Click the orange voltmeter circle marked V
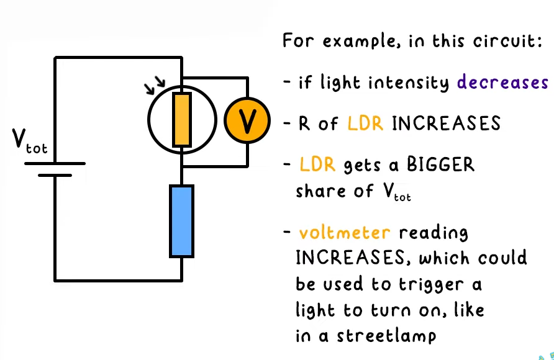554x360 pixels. click(x=247, y=121)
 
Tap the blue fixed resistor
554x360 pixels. click(x=181, y=220)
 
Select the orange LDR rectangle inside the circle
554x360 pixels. click(x=181, y=120)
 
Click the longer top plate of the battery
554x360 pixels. click(x=55, y=164)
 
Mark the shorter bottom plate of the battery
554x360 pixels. click(x=55, y=175)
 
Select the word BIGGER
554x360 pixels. click(x=440, y=165)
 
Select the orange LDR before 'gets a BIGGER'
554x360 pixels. click(x=317, y=165)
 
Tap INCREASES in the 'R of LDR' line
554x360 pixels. click(x=446, y=124)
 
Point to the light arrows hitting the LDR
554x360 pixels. click(x=155, y=85)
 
